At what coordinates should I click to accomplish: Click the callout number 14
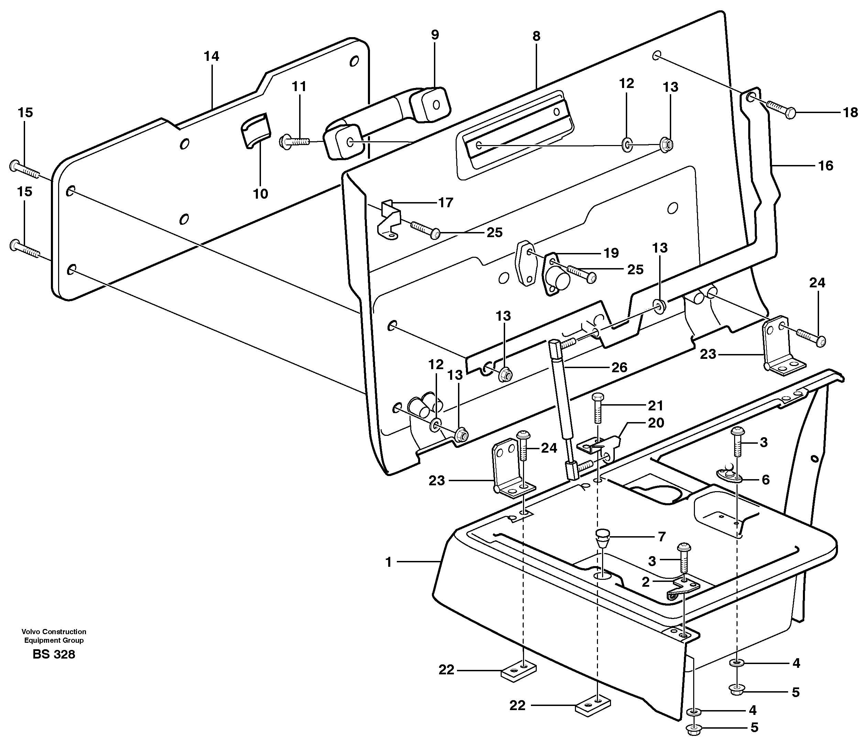tap(212, 56)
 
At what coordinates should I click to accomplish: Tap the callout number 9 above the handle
tap(435, 35)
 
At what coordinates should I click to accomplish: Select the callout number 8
tap(536, 36)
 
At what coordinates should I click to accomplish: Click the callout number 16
tap(825, 166)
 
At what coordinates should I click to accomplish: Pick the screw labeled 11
tap(294, 142)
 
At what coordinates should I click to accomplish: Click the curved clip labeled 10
tap(255, 131)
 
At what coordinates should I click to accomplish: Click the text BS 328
tap(54, 654)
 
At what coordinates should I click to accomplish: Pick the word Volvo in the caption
tap(30, 631)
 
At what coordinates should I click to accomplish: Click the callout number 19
tap(611, 253)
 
